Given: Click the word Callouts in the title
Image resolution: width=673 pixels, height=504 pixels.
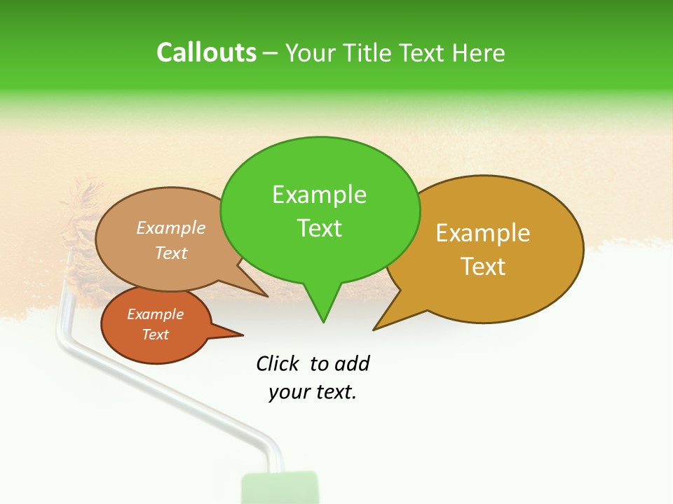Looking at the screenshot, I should pos(206,52).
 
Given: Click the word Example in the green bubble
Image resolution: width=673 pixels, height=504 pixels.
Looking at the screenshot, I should pos(319,195).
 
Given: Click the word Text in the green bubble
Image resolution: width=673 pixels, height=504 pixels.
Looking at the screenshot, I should pos(319,228).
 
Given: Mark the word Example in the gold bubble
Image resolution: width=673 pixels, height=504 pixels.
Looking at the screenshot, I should pos(483,233).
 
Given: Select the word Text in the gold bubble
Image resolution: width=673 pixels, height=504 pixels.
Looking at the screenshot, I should pos(483,267).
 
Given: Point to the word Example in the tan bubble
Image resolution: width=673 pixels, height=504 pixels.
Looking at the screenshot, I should pos(171,227).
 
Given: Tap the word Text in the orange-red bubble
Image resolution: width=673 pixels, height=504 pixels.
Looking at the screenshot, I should pos(156,335).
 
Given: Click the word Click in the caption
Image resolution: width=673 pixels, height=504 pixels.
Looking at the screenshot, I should pos(278,363).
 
